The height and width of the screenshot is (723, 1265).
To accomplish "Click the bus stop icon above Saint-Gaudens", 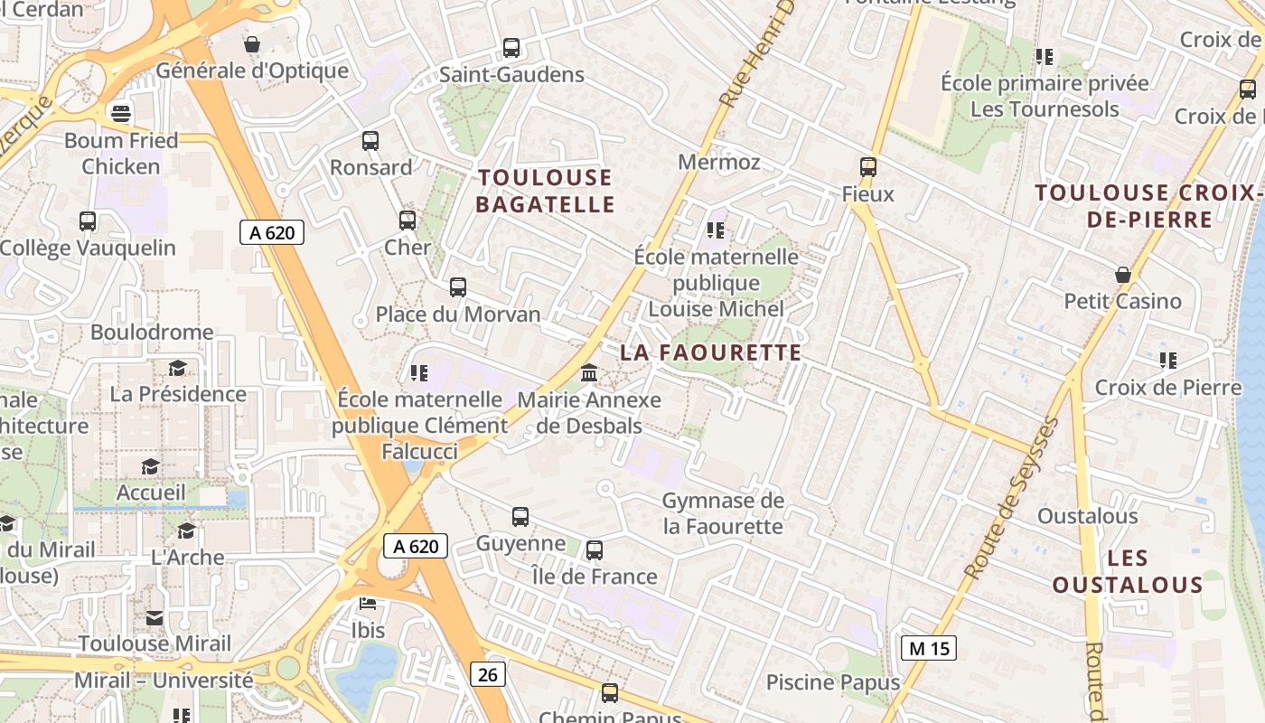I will [x=511, y=48].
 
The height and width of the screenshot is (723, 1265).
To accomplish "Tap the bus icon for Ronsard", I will [x=370, y=141].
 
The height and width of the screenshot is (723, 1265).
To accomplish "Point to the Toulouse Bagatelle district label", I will [x=545, y=191].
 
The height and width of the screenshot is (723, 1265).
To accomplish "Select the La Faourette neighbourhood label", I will [x=711, y=352].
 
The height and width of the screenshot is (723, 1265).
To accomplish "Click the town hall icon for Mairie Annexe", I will [x=589, y=372].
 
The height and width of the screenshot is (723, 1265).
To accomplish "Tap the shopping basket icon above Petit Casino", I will [x=1123, y=274].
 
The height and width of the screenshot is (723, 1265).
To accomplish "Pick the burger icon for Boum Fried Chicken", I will [x=120, y=112].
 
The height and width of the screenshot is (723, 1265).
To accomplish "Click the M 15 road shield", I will [x=928, y=647].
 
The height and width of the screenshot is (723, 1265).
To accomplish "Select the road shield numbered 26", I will [x=487, y=673].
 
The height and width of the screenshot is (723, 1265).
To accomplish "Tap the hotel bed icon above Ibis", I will [x=368, y=604].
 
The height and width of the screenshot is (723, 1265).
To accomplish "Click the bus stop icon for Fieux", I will [x=868, y=167].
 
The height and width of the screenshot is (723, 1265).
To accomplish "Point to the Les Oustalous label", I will [x=1127, y=571].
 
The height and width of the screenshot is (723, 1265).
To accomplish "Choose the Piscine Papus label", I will [x=833, y=682].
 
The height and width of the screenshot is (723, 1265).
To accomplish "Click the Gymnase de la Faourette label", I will [x=723, y=512].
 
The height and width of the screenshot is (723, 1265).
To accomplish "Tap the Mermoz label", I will [x=719, y=163].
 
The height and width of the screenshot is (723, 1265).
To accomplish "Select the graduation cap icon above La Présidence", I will [x=178, y=369].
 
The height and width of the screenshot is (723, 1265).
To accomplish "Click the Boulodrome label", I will [x=152, y=332].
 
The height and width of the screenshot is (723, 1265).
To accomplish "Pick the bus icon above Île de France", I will [x=595, y=550].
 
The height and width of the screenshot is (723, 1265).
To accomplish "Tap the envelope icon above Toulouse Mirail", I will [x=155, y=618].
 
